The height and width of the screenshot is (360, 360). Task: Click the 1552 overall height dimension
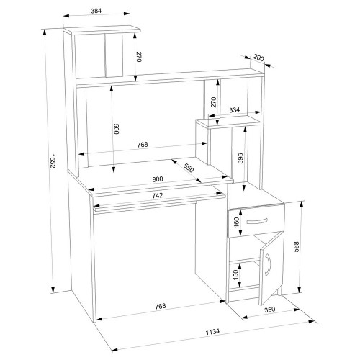[53, 161]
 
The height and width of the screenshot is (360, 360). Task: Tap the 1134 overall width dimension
[212, 332]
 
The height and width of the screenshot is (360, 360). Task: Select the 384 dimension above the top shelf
[96, 11]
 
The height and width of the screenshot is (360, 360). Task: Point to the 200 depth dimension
[258, 58]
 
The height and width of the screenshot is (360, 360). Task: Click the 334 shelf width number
[234, 110]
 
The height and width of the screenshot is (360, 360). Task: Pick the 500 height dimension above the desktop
[116, 129]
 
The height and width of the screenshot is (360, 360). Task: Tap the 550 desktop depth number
[188, 168]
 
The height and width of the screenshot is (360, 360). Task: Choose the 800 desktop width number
[158, 179]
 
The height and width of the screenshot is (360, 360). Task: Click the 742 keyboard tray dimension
[158, 195]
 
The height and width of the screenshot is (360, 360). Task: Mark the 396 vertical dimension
[240, 158]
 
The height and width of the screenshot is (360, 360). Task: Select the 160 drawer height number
[236, 222]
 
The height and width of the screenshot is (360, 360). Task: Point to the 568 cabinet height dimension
[297, 247]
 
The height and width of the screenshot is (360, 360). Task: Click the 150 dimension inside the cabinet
[235, 275]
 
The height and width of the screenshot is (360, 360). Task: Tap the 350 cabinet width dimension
[269, 310]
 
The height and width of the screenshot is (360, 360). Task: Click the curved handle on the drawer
[257, 221]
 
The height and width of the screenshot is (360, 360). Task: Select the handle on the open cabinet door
[269, 265]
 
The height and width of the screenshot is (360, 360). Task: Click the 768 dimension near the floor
[160, 306]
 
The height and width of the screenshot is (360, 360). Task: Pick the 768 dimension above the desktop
[143, 145]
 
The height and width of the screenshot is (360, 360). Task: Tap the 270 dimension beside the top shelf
[139, 57]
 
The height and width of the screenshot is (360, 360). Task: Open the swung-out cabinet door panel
[271, 268]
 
